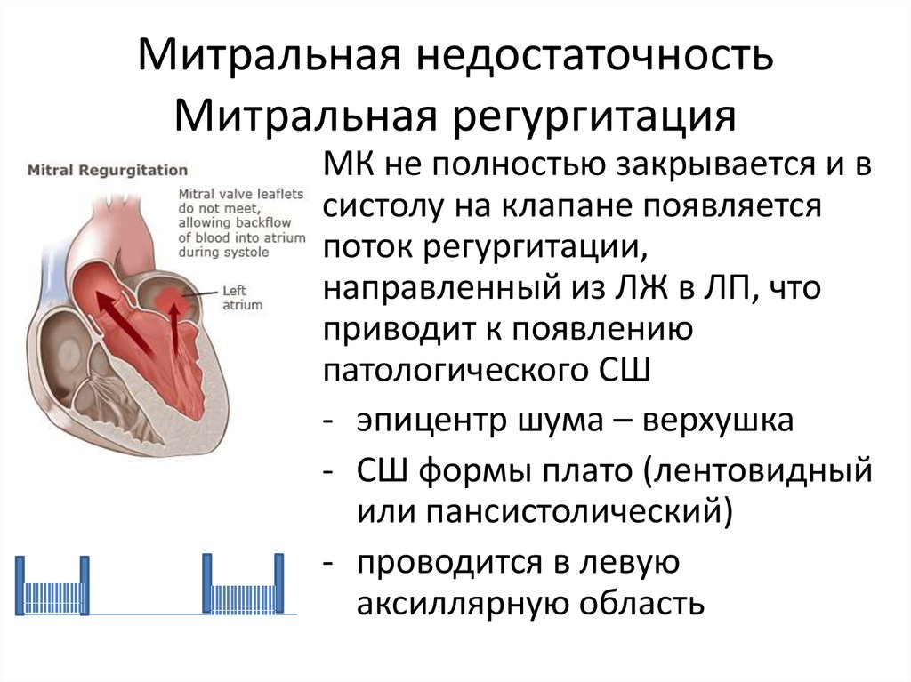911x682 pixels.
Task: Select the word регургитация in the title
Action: click(x=593, y=116)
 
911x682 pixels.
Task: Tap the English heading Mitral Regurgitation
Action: click(x=108, y=170)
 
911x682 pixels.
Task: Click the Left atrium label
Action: click(x=242, y=298)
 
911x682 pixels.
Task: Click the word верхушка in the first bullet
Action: click(x=717, y=421)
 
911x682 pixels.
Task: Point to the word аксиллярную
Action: click(x=464, y=604)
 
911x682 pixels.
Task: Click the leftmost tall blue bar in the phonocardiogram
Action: click(x=20, y=585)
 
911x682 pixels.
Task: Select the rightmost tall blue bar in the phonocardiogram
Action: click(x=278, y=582)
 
